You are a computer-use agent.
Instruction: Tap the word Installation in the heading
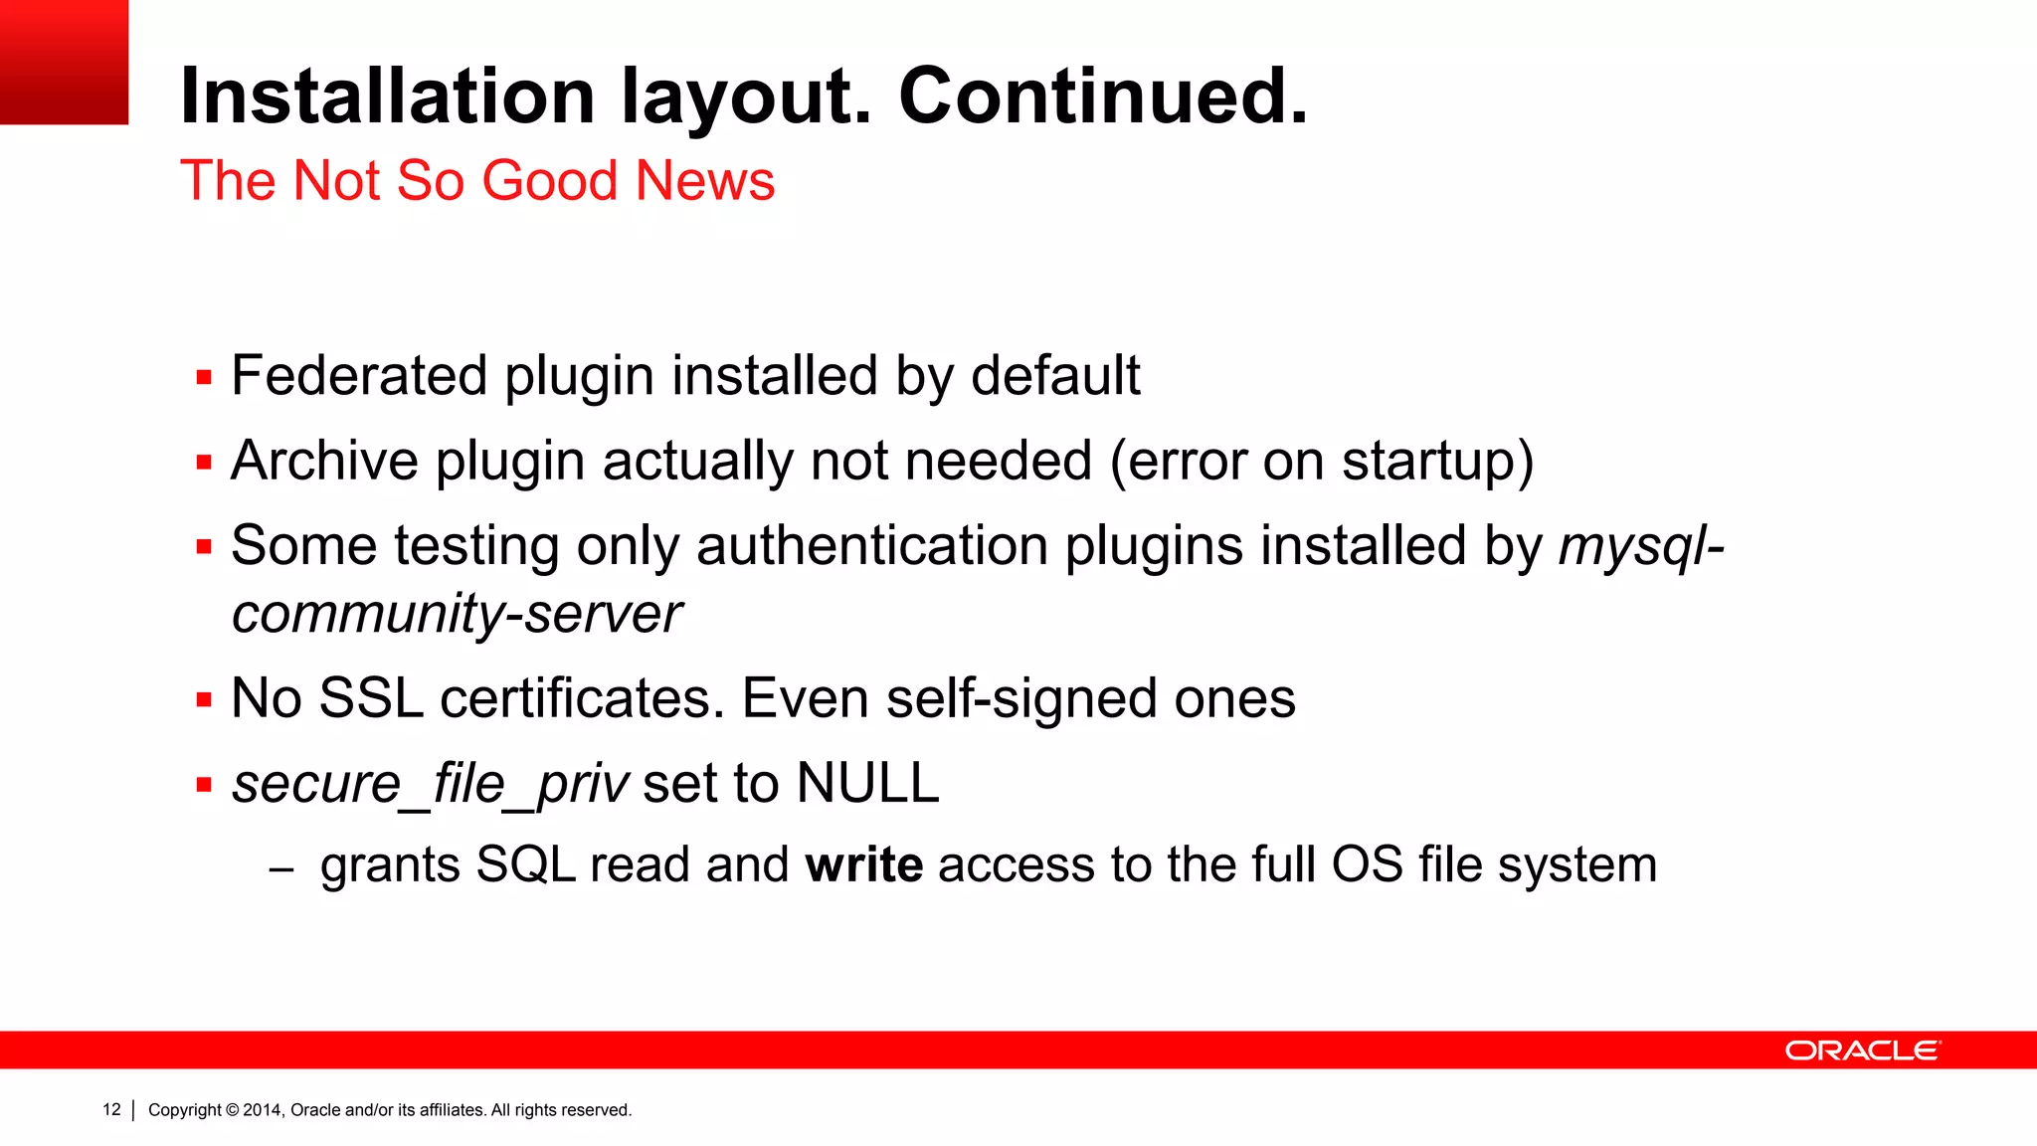(387, 96)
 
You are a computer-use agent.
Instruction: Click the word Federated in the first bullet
(359, 376)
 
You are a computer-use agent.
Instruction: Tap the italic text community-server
(457, 614)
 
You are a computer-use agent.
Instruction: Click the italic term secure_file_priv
(430, 784)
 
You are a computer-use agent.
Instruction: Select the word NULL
(867, 783)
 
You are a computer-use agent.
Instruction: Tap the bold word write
(863, 864)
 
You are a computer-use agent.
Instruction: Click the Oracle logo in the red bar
(1862, 1050)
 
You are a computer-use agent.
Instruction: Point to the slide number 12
(111, 1110)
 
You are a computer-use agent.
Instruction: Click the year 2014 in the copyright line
(263, 1110)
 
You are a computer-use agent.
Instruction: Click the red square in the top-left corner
(64, 62)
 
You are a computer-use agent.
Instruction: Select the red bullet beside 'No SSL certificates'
(204, 700)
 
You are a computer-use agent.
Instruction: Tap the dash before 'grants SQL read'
(281, 868)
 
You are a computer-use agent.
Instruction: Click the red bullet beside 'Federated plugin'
(204, 378)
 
